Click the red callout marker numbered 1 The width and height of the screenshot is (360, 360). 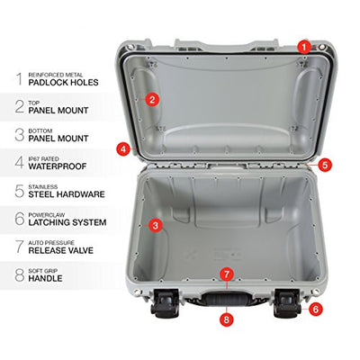click(304, 47)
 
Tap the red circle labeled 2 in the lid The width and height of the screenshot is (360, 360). click(152, 100)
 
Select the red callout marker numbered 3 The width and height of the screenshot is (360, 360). click(156, 225)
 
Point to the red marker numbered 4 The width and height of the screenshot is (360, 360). click(123, 148)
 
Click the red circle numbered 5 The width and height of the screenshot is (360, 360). click(325, 165)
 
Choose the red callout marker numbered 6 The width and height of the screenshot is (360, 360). click(316, 309)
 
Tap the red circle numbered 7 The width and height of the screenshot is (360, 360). click(227, 274)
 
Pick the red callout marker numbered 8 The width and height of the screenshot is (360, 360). click(227, 319)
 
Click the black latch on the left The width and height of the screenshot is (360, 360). click(165, 303)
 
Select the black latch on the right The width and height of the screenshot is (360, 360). click(287, 303)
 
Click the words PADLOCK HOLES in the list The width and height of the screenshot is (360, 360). click(63, 83)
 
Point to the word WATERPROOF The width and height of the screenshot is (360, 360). click(58, 166)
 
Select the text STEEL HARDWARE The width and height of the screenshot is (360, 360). click(67, 194)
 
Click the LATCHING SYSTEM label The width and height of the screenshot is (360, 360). click(67, 222)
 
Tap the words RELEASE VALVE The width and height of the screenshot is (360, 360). click(61, 250)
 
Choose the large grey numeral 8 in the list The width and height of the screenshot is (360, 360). click(20, 275)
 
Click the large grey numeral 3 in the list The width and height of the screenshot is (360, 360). click(20, 135)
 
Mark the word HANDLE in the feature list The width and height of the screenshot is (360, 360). click(46, 278)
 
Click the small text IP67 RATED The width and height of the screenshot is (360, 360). click(44, 158)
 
